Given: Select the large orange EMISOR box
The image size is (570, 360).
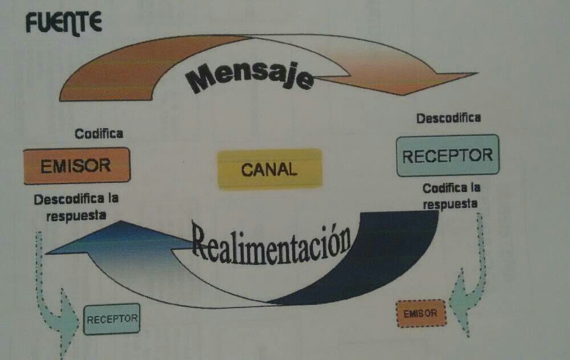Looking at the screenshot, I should click(76, 165).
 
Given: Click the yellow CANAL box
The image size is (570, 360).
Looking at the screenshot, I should click(270, 169).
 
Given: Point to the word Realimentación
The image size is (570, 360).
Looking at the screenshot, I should click(271, 243).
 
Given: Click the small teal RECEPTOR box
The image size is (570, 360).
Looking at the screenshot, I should click(112, 318).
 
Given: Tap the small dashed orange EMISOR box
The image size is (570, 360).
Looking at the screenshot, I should click(421, 313).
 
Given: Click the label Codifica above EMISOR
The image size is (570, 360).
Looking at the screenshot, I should click(99, 134).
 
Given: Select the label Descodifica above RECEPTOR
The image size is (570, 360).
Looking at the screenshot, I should click(449, 118).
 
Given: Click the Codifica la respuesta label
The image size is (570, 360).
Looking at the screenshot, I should click(451, 195).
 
